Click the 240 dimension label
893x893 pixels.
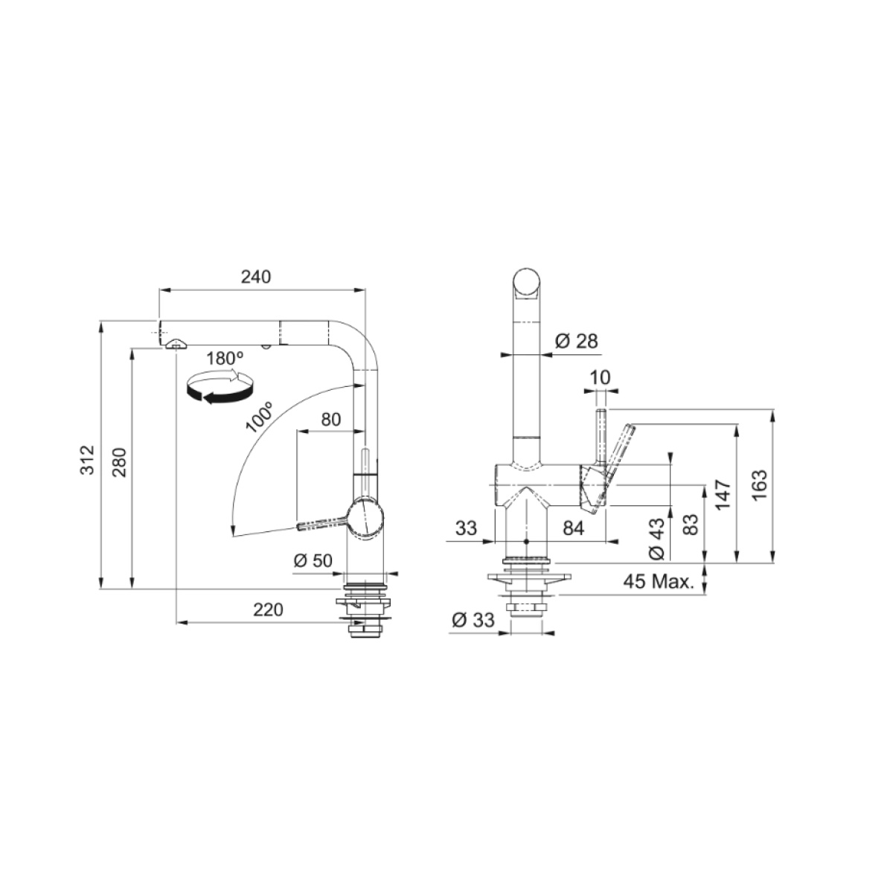(256, 277)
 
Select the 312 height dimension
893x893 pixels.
(87, 460)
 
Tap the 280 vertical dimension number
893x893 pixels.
(119, 462)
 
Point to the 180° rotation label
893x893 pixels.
(225, 359)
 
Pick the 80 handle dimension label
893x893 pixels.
(331, 420)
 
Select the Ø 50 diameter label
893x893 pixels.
(313, 561)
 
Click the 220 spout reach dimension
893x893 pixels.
(268, 610)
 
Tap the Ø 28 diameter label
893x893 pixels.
(576, 341)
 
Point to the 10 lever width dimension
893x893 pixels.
(601, 378)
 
